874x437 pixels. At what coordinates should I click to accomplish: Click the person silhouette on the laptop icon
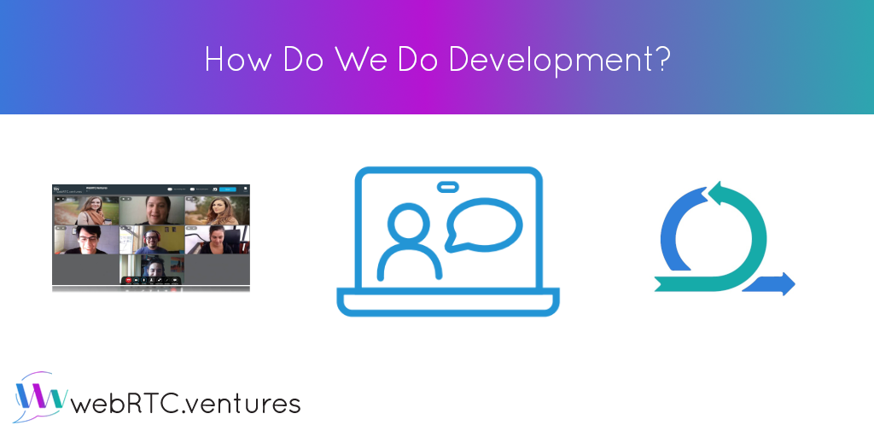click(410, 242)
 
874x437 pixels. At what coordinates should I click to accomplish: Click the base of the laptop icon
click(448, 302)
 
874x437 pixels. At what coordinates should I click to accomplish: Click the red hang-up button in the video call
click(129, 279)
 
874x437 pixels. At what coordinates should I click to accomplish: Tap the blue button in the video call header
click(228, 189)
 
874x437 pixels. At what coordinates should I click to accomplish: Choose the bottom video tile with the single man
click(152, 268)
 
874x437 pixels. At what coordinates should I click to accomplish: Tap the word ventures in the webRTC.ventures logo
click(248, 403)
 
